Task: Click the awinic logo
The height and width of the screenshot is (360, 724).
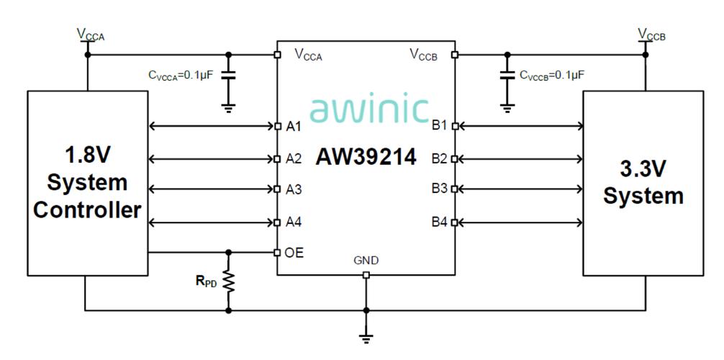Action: tap(369, 109)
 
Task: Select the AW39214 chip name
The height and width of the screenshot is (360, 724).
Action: tap(366, 158)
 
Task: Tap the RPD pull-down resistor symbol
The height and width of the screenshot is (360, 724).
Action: tap(228, 281)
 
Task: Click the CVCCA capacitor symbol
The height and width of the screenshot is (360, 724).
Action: tap(227, 76)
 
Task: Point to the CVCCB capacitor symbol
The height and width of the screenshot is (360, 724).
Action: tap(507, 76)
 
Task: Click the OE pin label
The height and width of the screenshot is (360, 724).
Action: tap(294, 253)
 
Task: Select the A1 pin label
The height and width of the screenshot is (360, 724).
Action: tap(294, 126)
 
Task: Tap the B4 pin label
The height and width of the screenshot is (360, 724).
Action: tap(440, 222)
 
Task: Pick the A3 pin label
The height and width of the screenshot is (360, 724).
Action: tap(294, 189)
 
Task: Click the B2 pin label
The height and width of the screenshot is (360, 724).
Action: tap(440, 159)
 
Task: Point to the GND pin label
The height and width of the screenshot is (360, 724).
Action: tap(366, 261)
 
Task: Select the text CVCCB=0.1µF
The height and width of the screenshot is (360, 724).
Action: tap(552, 76)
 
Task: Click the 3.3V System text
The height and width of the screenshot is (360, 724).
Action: tap(643, 183)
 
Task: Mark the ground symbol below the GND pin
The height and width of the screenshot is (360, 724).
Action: tap(366, 338)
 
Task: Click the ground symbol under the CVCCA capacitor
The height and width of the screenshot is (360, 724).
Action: tap(227, 109)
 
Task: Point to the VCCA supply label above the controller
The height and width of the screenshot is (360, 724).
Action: tap(91, 35)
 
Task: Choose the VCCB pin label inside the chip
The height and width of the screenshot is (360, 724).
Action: tap(424, 55)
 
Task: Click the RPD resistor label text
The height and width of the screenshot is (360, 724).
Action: tap(206, 281)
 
